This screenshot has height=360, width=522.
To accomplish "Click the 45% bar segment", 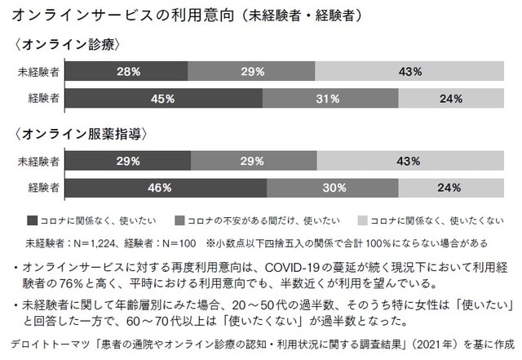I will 163,99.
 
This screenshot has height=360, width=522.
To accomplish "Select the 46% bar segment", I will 166,187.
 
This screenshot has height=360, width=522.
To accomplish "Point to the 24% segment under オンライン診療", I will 451,99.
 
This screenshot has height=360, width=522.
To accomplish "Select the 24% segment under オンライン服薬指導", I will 451,187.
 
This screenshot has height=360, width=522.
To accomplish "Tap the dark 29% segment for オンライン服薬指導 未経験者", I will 128,160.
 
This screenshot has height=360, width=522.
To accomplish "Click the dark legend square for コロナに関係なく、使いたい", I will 32,220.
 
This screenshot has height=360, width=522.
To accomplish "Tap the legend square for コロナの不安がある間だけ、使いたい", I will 180,220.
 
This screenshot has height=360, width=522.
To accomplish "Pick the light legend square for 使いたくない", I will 364,220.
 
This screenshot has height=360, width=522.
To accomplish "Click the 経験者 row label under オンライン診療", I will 42,99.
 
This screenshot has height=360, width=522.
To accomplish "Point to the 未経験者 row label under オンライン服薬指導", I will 38,160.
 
